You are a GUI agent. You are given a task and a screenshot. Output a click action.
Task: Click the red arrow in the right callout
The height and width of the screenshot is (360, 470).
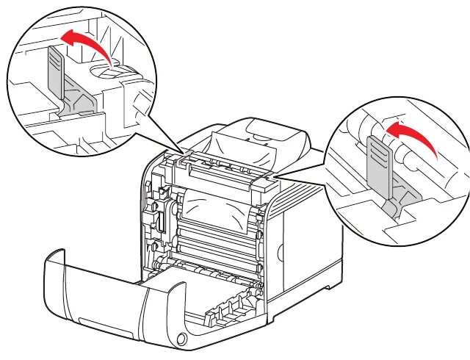pyautogui.click(x=411, y=135)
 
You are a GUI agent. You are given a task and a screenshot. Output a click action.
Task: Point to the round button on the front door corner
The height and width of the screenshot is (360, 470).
pyautogui.click(x=181, y=338)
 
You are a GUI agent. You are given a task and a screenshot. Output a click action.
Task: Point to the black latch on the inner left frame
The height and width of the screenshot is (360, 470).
pyautogui.click(x=156, y=220)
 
